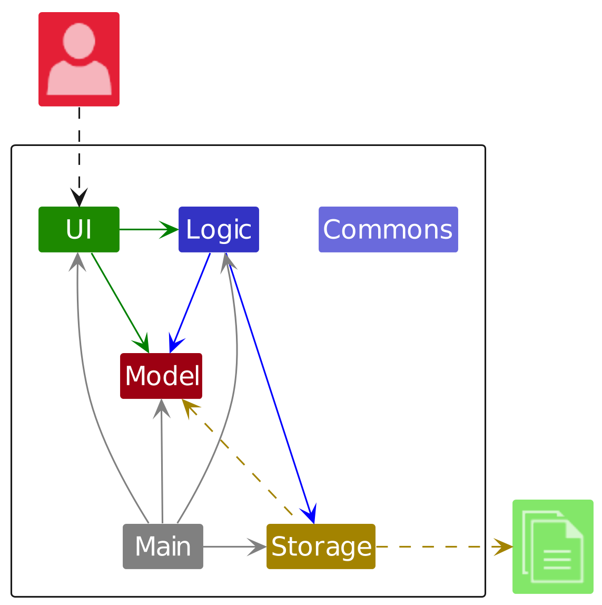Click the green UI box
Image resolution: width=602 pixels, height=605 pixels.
click(x=79, y=230)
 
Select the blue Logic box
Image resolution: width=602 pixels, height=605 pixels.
click(x=219, y=230)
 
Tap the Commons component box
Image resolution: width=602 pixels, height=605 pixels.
click(x=388, y=230)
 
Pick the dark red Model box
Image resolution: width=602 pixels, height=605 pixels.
click(x=161, y=376)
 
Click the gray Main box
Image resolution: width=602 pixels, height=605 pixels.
click(x=163, y=547)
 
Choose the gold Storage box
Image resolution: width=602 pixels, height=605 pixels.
click(x=321, y=547)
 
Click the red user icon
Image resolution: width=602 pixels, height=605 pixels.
click(x=79, y=59)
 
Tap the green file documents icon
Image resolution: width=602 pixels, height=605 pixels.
click(x=553, y=547)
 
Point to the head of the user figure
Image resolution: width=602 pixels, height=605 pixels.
click(x=79, y=40)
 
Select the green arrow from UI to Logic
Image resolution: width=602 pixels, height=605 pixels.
click(x=147, y=230)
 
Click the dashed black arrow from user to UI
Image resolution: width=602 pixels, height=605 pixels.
click(x=79, y=153)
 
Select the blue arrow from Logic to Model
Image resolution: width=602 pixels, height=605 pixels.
click(x=191, y=302)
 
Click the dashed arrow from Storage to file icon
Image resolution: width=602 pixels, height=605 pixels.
click(x=442, y=547)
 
